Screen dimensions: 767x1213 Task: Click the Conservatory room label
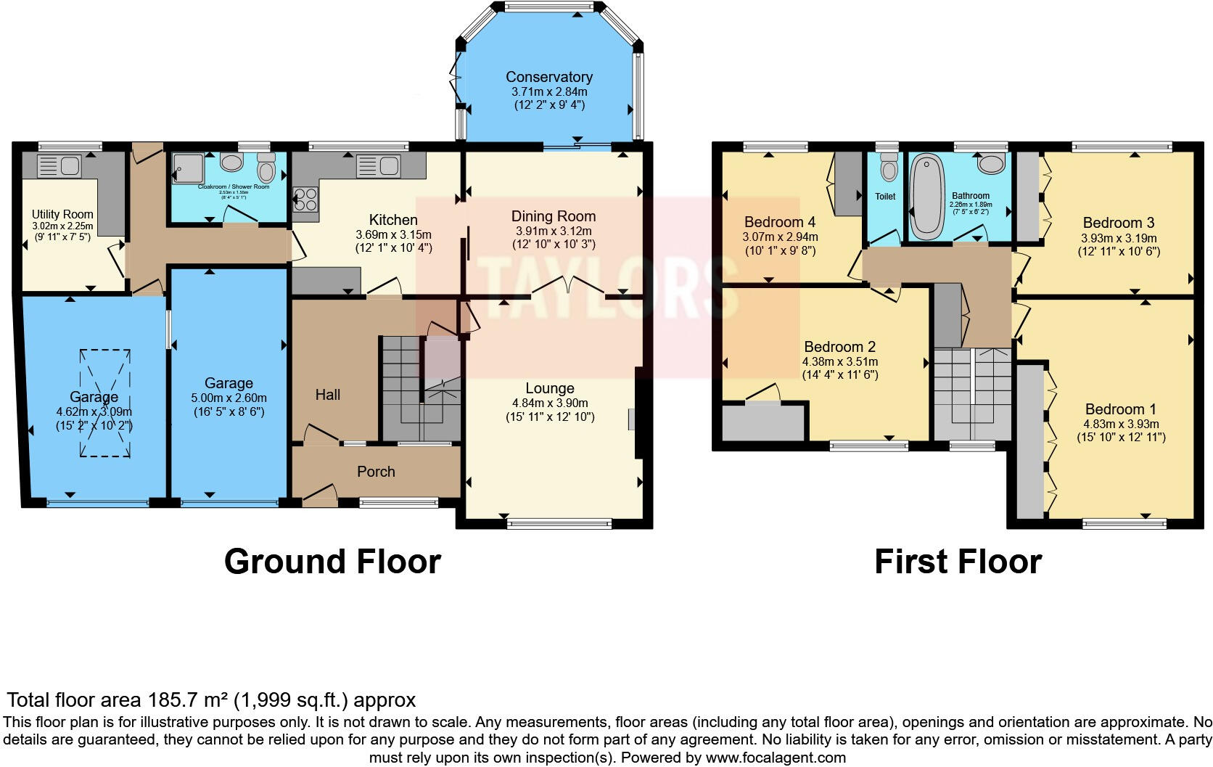click(x=548, y=77)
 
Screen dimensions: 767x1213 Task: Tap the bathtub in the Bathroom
click(x=924, y=197)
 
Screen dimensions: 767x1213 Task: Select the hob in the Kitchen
click(x=305, y=199)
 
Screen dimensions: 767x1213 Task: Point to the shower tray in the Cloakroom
click(x=186, y=168)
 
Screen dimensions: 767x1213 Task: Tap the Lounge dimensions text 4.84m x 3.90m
click(x=550, y=403)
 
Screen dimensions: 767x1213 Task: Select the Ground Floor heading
click(x=332, y=561)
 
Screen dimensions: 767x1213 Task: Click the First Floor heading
click(x=958, y=561)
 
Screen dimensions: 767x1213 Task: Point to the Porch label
click(x=376, y=472)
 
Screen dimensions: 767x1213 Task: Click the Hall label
click(x=328, y=395)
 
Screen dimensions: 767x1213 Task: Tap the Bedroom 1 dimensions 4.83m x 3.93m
click(x=1121, y=424)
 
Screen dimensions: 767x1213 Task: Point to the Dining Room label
click(x=553, y=216)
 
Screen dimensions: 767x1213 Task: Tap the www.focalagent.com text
click(x=776, y=758)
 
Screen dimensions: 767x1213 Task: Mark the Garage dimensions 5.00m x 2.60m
click(x=229, y=398)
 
